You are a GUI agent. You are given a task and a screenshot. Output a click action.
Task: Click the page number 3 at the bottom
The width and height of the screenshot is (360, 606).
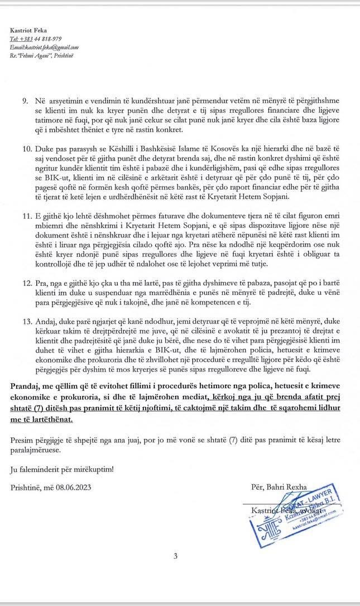175,556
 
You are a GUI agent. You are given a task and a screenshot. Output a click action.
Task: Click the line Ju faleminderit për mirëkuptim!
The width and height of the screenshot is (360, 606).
62,469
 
